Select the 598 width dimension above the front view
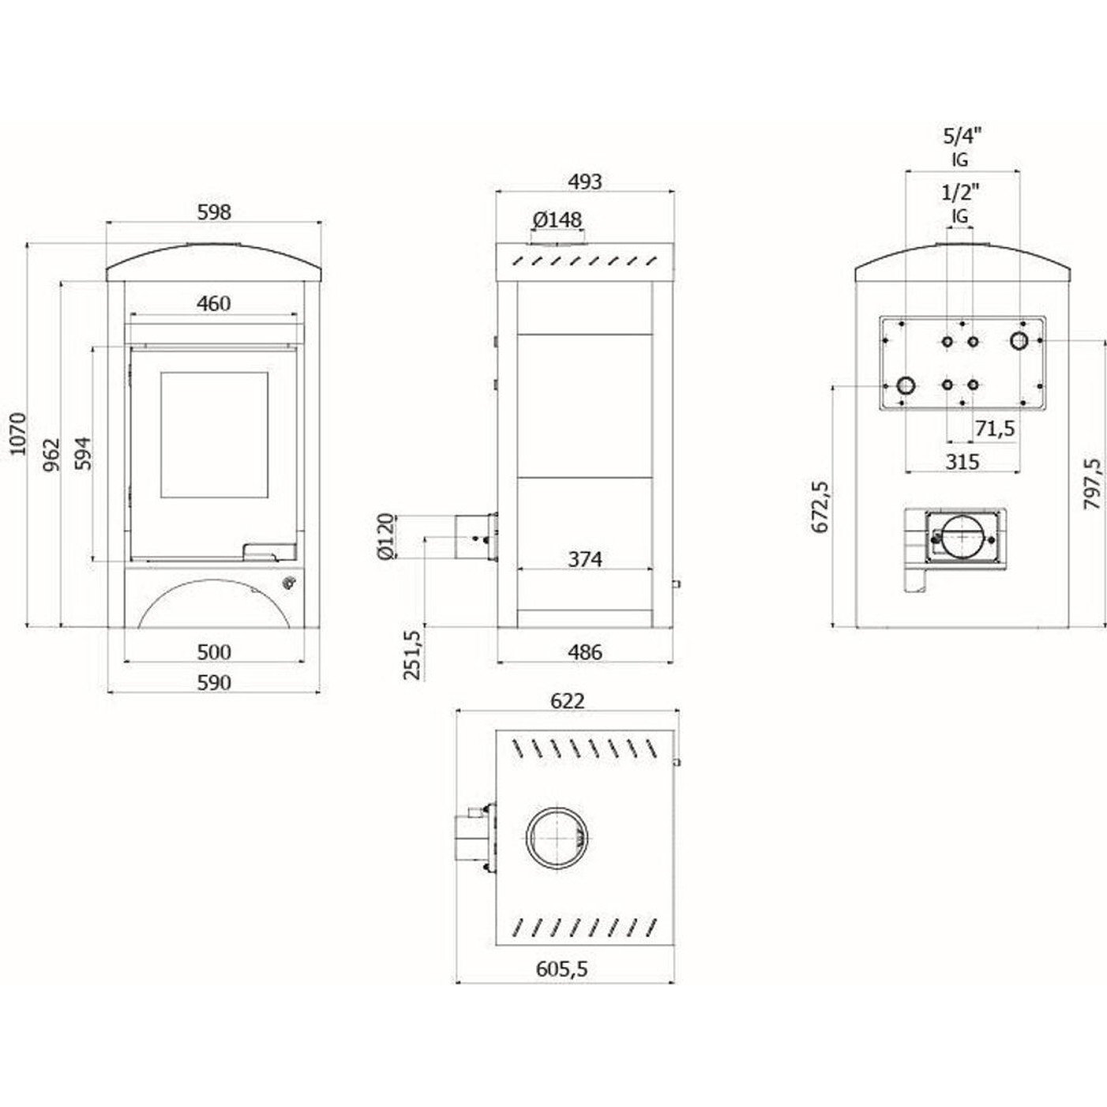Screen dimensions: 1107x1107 pyautogui.click(x=214, y=212)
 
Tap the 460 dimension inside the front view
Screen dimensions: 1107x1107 pyautogui.click(x=213, y=303)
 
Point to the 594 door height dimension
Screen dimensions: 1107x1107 pyautogui.click(x=83, y=452)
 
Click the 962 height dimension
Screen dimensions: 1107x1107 pyautogui.click(x=52, y=455)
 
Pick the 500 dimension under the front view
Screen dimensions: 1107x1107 pyautogui.click(x=214, y=652)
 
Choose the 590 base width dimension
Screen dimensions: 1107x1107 pyautogui.click(x=214, y=682)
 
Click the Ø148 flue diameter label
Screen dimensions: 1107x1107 pyautogui.click(x=557, y=220)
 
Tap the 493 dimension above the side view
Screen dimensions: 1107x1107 pyautogui.click(x=585, y=182)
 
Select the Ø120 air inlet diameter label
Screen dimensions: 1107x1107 pyautogui.click(x=385, y=537)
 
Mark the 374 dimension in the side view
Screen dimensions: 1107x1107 pyautogui.click(x=585, y=559)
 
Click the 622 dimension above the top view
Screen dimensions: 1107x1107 pyautogui.click(x=568, y=701)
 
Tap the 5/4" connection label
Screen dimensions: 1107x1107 pyautogui.click(x=961, y=135)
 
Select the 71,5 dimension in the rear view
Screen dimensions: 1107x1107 pyautogui.click(x=994, y=430)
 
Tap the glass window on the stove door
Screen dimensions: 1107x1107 pyautogui.click(x=215, y=435)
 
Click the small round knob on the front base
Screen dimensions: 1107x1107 pyautogui.click(x=289, y=584)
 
